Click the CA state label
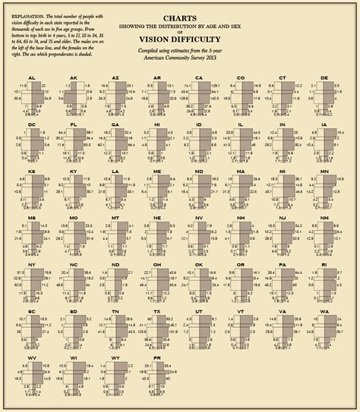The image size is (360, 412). tap(199, 77)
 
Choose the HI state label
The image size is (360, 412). tap(157, 124)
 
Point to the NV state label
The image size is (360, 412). tap(199, 218)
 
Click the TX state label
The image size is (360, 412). tap(157, 311)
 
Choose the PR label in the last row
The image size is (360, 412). tap(157, 357)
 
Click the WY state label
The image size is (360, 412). tap(115, 357)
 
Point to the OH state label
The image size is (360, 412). tap(157, 264)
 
